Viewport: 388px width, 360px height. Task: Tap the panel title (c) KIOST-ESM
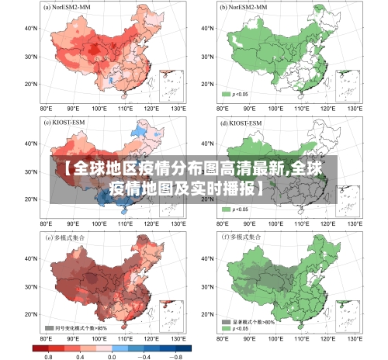(x=65, y=123)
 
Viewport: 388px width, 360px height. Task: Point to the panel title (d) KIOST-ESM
(x=241, y=123)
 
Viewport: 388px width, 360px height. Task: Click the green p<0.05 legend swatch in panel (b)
(x=226, y=94)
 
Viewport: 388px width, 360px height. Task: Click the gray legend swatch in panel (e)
(x=50, y=328)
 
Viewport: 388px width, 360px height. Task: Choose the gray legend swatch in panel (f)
(x=226, y=321)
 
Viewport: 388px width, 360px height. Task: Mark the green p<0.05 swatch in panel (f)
(x=226, y=329)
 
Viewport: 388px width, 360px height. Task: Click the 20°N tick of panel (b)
(x=206, y=84)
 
